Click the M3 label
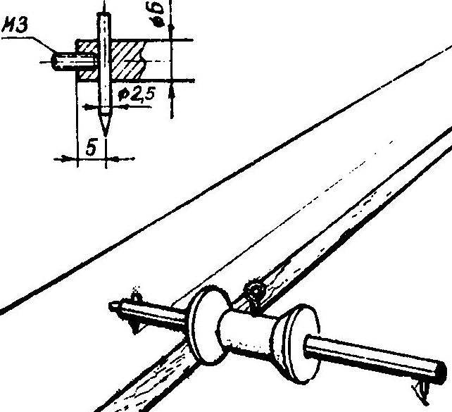(x=15, y=25)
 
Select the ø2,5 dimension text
(x=137, y=94)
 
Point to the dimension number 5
(x=91, y=147)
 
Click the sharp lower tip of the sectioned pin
(x=106, y=135)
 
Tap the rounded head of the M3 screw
(x=55, y=62)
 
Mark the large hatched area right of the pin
(x=127, y=60)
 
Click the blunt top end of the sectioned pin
(x=103, y=13)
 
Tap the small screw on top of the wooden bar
(x=255, y=293)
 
